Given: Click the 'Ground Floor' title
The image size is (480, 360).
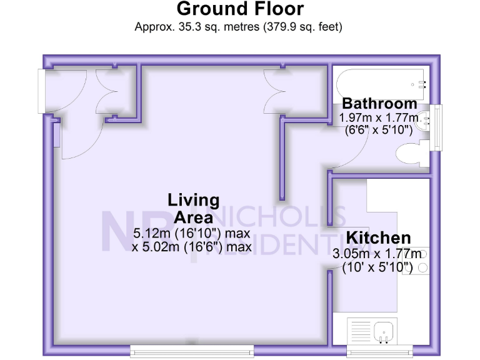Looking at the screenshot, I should tap(240, 9).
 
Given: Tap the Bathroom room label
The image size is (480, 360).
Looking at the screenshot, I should tap(379, 103).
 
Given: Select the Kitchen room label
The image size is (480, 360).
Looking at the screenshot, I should tap(379, 237).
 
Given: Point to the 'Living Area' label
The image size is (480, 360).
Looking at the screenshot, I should tap(194, 209).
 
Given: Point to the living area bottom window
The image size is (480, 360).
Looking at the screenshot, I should tap(192, 351).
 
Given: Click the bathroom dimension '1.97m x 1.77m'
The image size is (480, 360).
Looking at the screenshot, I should tap(379, 117).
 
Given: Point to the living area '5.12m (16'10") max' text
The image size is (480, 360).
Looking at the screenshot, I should tap(191, 233).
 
